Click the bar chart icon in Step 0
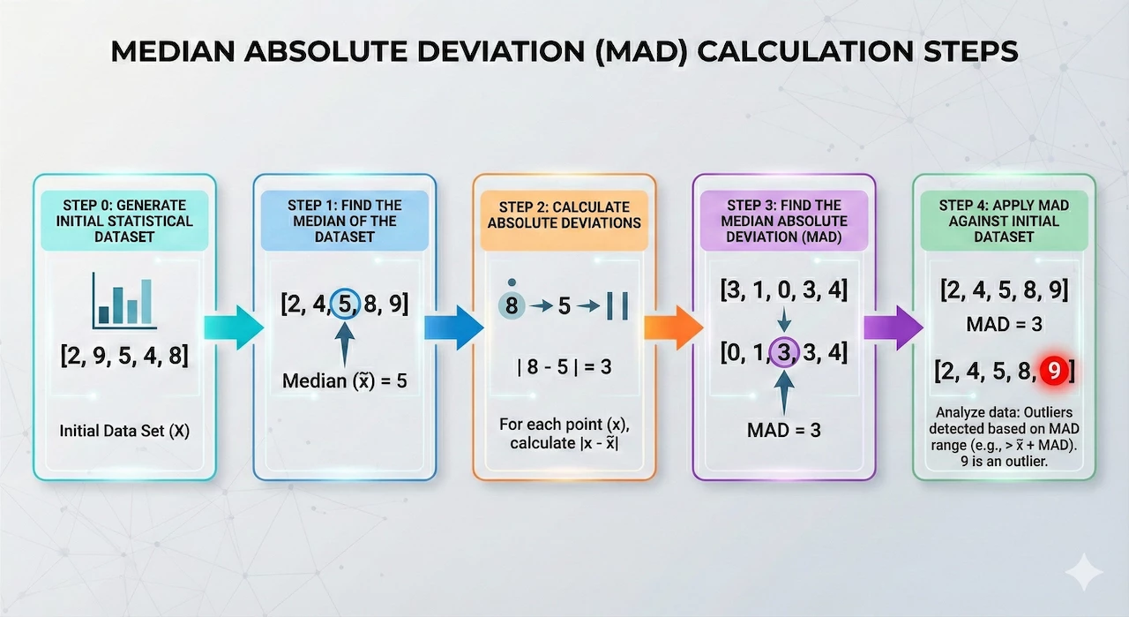coord(124,301)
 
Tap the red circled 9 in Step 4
coord(1054,371)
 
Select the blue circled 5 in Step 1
coord(345,304)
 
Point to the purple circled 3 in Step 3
coord(784,352)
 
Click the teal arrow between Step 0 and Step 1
coord(234,327)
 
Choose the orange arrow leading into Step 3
coord(674,327)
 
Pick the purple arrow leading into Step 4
coord(893,327)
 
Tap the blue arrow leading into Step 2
coord(454,327)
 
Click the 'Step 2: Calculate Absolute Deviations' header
coord(564,214)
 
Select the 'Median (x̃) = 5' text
coord(345,381)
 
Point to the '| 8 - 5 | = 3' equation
coord(564,367)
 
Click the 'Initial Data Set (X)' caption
coord(124,431)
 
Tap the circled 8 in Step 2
coord(512,305)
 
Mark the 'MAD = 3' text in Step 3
coord(784,430)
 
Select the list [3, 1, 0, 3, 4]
coord(784,290)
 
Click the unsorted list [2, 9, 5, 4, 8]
coord(124,355)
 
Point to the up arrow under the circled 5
coord(345,344)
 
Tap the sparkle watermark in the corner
coord(1084,572)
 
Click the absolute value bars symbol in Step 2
coord(617,305)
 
